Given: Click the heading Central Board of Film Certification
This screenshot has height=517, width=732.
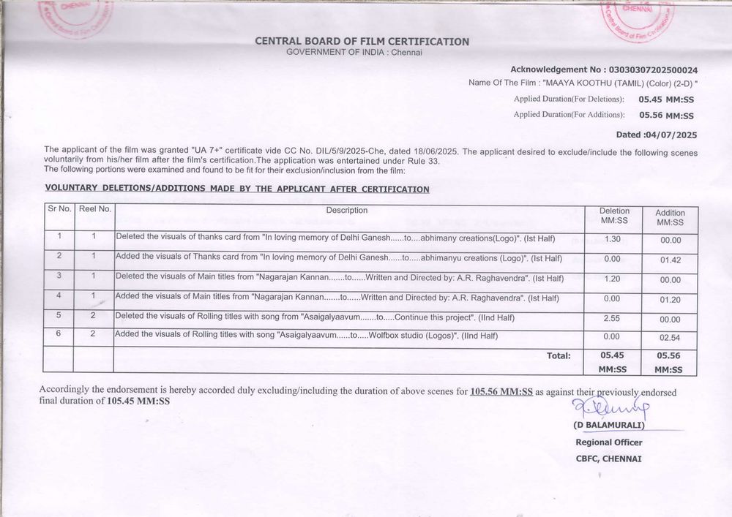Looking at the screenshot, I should [x=362, y=42].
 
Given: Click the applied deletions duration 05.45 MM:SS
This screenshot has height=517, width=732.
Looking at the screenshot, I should [x=665, y=99].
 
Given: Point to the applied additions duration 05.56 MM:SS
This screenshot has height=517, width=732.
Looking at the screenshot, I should [x=666, y=115].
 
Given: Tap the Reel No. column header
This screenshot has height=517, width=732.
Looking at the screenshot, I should [x=94, y=209].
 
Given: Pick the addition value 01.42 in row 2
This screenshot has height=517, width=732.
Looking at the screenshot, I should [x=670, y=259].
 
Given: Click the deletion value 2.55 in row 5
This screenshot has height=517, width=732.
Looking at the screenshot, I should [x=613, y=319].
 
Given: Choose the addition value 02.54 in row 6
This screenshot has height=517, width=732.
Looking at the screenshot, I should [x=670, y=338].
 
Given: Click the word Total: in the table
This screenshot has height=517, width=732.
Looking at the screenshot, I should [x=559, y=355].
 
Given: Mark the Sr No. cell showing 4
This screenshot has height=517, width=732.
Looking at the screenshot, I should [x=59, y=297].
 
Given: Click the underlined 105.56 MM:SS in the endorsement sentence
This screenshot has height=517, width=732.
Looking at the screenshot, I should [x=501, y=392].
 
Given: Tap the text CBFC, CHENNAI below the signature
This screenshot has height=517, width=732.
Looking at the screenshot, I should [x=608, y=458].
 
